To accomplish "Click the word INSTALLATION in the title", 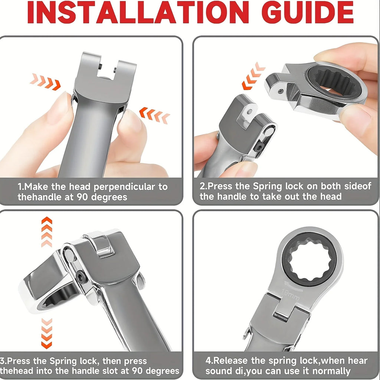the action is click(138, 12).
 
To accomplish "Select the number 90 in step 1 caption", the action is click(82, 197).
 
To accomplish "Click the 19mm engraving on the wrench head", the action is click(290, 294).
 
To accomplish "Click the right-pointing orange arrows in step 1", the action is click(45, 81).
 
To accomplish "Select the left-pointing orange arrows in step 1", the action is click(155, 115).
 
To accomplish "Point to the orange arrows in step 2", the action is click(253, 76).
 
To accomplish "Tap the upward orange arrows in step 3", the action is click(47, 232).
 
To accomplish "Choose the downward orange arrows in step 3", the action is click(46, 334).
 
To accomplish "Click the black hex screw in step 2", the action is click(259, 146).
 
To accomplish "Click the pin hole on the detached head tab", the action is click(281, 91).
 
